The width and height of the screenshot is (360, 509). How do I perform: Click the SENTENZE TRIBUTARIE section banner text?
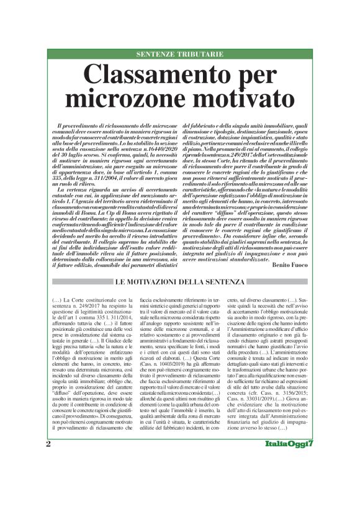tap(180, 54)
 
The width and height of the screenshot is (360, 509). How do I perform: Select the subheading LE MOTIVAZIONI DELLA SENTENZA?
tap(180, 283)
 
